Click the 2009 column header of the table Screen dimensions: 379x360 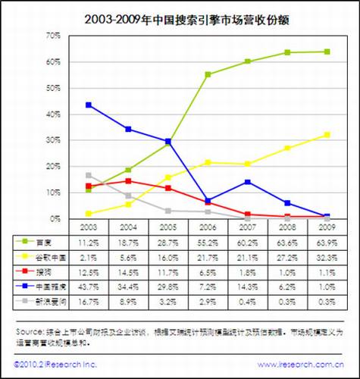[x=327, y=227]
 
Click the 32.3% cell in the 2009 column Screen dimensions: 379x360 [x=327, y=255]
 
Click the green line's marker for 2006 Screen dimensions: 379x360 [x=208, y=74]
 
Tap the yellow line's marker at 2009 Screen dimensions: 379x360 [x=327, y=134]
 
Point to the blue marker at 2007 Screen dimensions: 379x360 [x=248, y=182]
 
